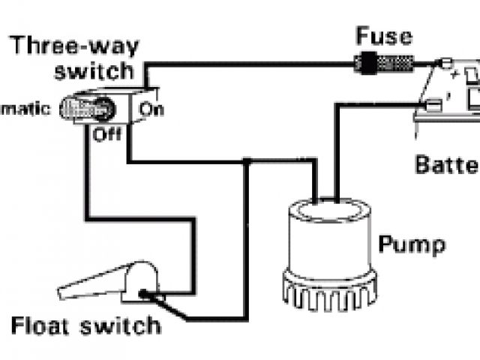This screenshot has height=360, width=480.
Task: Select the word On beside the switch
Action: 153,109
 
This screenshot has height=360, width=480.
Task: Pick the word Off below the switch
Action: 106,136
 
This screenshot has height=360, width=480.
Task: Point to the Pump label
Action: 412,244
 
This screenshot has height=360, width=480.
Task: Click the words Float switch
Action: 86,326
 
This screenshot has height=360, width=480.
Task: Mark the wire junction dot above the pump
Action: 247,161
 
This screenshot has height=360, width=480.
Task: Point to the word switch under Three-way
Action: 100,72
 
